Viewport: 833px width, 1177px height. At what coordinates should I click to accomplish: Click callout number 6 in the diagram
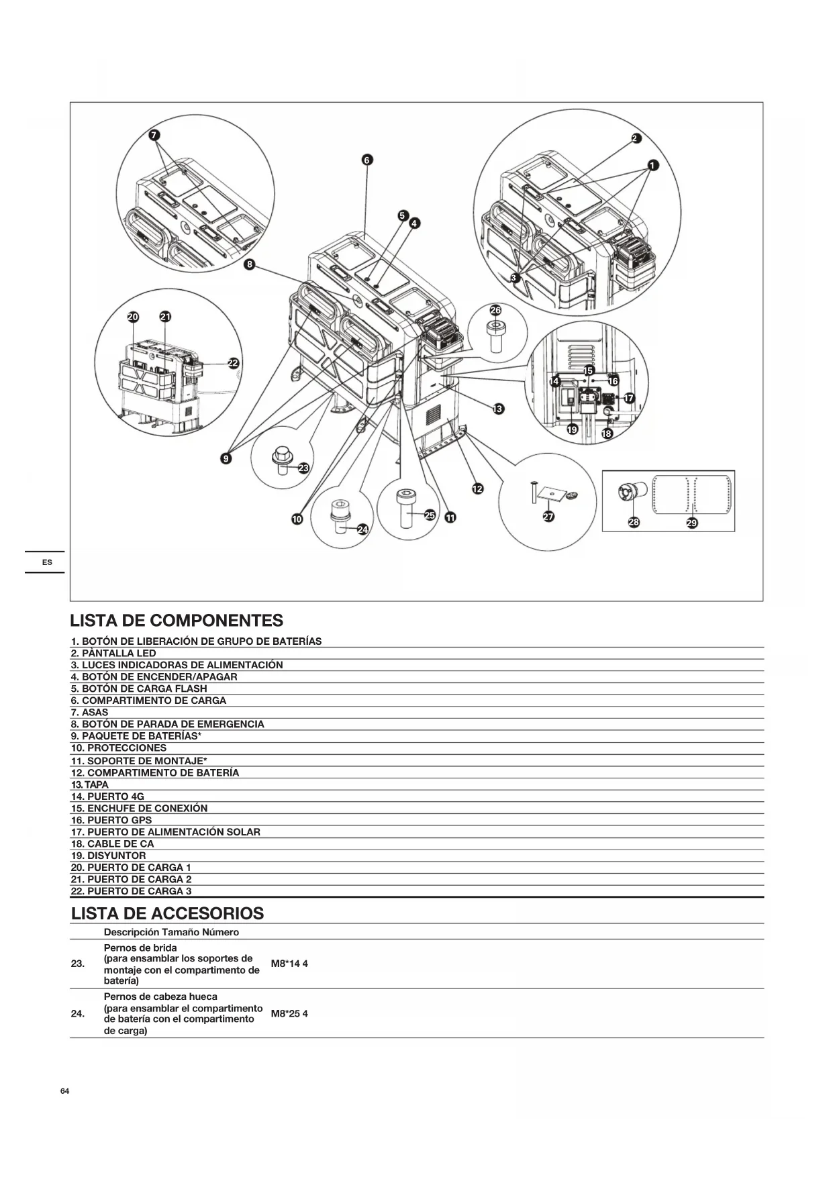coord(366,160)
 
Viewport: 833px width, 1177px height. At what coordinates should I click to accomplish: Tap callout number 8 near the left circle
coord(250,264)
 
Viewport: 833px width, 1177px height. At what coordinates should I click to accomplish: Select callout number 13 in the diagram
coord(498,409)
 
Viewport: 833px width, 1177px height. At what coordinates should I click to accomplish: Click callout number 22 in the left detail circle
coord(233,363)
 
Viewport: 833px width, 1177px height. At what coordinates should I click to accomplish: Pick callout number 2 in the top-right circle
coord(636,139)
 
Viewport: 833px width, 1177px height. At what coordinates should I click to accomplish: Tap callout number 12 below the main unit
coord(477,489)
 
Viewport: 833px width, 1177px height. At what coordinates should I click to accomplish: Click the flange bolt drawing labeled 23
coord(281,461)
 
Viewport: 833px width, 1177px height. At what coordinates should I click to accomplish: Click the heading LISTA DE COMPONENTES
coord(177,620)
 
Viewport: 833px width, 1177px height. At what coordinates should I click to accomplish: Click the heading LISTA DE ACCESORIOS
coord(167,913)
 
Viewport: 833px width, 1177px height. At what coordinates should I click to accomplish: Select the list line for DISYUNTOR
coord(108,856)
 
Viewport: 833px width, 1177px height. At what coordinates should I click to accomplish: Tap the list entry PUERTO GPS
coord(111,820)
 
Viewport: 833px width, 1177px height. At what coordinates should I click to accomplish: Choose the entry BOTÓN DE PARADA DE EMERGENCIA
coord(167,724)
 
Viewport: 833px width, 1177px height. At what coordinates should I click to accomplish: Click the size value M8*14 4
coord(289,964)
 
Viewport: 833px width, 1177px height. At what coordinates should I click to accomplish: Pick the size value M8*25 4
coord(289,1013)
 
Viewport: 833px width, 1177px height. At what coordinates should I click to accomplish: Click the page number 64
coord(64,1091)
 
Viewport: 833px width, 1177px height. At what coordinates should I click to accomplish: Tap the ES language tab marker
coord(47,562)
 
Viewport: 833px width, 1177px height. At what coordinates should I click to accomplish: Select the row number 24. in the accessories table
coord(78,1013)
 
